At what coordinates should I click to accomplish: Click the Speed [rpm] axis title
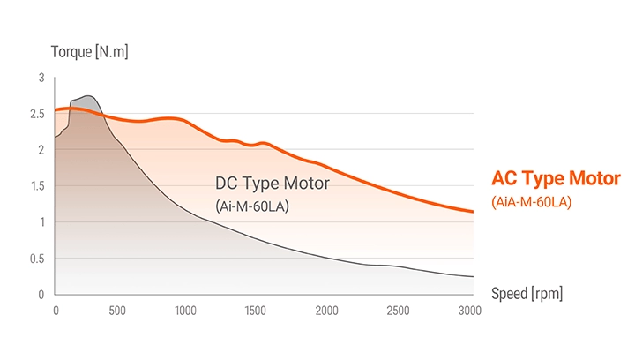tap(527, 293)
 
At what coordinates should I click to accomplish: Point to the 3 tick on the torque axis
tap(41, 79)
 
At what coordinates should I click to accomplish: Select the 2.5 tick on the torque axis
tap(37, 114)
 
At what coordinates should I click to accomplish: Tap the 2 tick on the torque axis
tap(41, 150)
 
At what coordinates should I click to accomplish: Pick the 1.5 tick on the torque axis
tap(37, 186)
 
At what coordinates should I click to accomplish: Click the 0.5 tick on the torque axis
tap(37, 259)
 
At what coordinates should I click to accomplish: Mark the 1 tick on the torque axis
tap(41, 222)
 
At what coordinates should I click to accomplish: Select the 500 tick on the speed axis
tap(116, 311)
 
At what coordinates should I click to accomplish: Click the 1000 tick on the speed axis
tap(184, 311)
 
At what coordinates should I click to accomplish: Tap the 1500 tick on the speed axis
tap(255, 311)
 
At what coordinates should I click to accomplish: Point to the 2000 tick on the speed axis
tap(326, 311)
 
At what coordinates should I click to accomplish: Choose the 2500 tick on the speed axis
tap(398, 311)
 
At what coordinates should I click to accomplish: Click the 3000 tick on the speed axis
tap(470, 311)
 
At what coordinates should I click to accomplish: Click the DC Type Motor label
tap(272, 184)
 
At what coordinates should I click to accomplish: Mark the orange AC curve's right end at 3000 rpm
tap(473, 212)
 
